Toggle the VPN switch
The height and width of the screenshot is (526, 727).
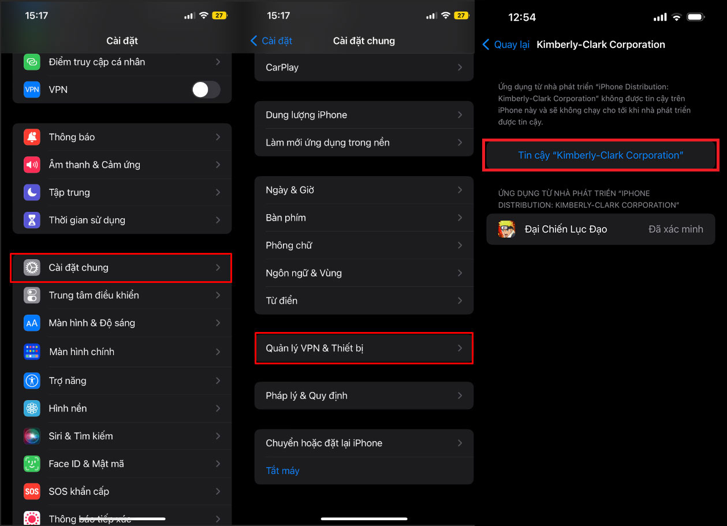tap(206, 89)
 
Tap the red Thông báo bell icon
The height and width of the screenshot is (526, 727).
tap(32, 137)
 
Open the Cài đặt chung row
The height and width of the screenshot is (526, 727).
tap(121, 267)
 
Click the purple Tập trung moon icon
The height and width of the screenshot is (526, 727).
tap(32, 192)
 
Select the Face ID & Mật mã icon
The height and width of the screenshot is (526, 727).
tap(32, 464)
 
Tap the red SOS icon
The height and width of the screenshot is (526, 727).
tap(32, 491)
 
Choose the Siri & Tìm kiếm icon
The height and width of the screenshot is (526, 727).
tap(32, 436)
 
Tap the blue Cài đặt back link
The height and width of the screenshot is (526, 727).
tap(271, 41)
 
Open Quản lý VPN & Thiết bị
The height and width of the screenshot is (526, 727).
tap(364, 348)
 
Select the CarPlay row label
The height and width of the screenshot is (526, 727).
tap(282, 68)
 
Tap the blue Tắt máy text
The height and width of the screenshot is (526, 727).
tap(282, 471)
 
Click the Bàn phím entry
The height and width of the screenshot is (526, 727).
tap(286, 218)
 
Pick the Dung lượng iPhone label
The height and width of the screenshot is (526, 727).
tap(307, 115)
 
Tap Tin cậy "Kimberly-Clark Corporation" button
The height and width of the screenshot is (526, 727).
tap(601, 155)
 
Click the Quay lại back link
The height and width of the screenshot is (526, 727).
tap(506, 44)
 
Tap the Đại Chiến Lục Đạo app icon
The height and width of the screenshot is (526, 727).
tap(506, 229)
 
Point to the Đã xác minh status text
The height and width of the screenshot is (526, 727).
tap(676, 229)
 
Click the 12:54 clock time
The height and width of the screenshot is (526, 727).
tap(522, 17)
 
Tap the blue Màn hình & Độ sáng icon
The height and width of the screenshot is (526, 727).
tap(32, 323)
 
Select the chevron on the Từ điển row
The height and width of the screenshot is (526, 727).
tap(460, 301)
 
